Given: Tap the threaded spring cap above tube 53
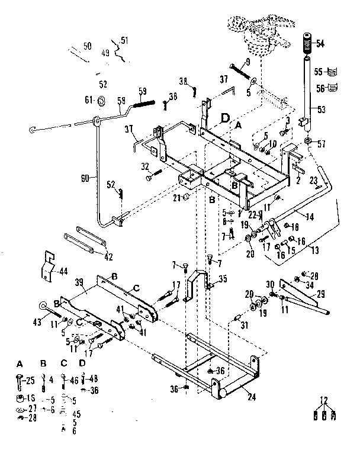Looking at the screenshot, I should (307, 44).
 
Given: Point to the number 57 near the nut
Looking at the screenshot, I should (322, 143).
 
